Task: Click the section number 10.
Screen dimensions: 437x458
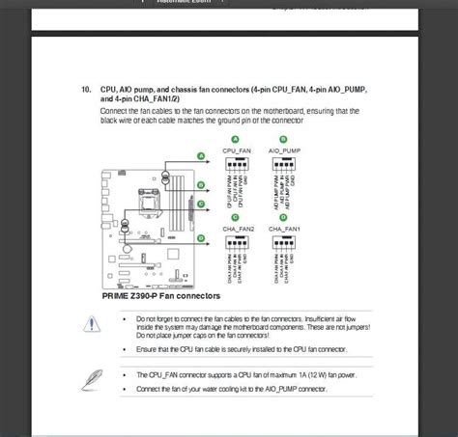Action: coord(86,89)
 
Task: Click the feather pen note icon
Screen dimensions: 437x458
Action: coord(94,377)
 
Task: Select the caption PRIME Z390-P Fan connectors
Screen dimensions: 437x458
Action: coord(160,296)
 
